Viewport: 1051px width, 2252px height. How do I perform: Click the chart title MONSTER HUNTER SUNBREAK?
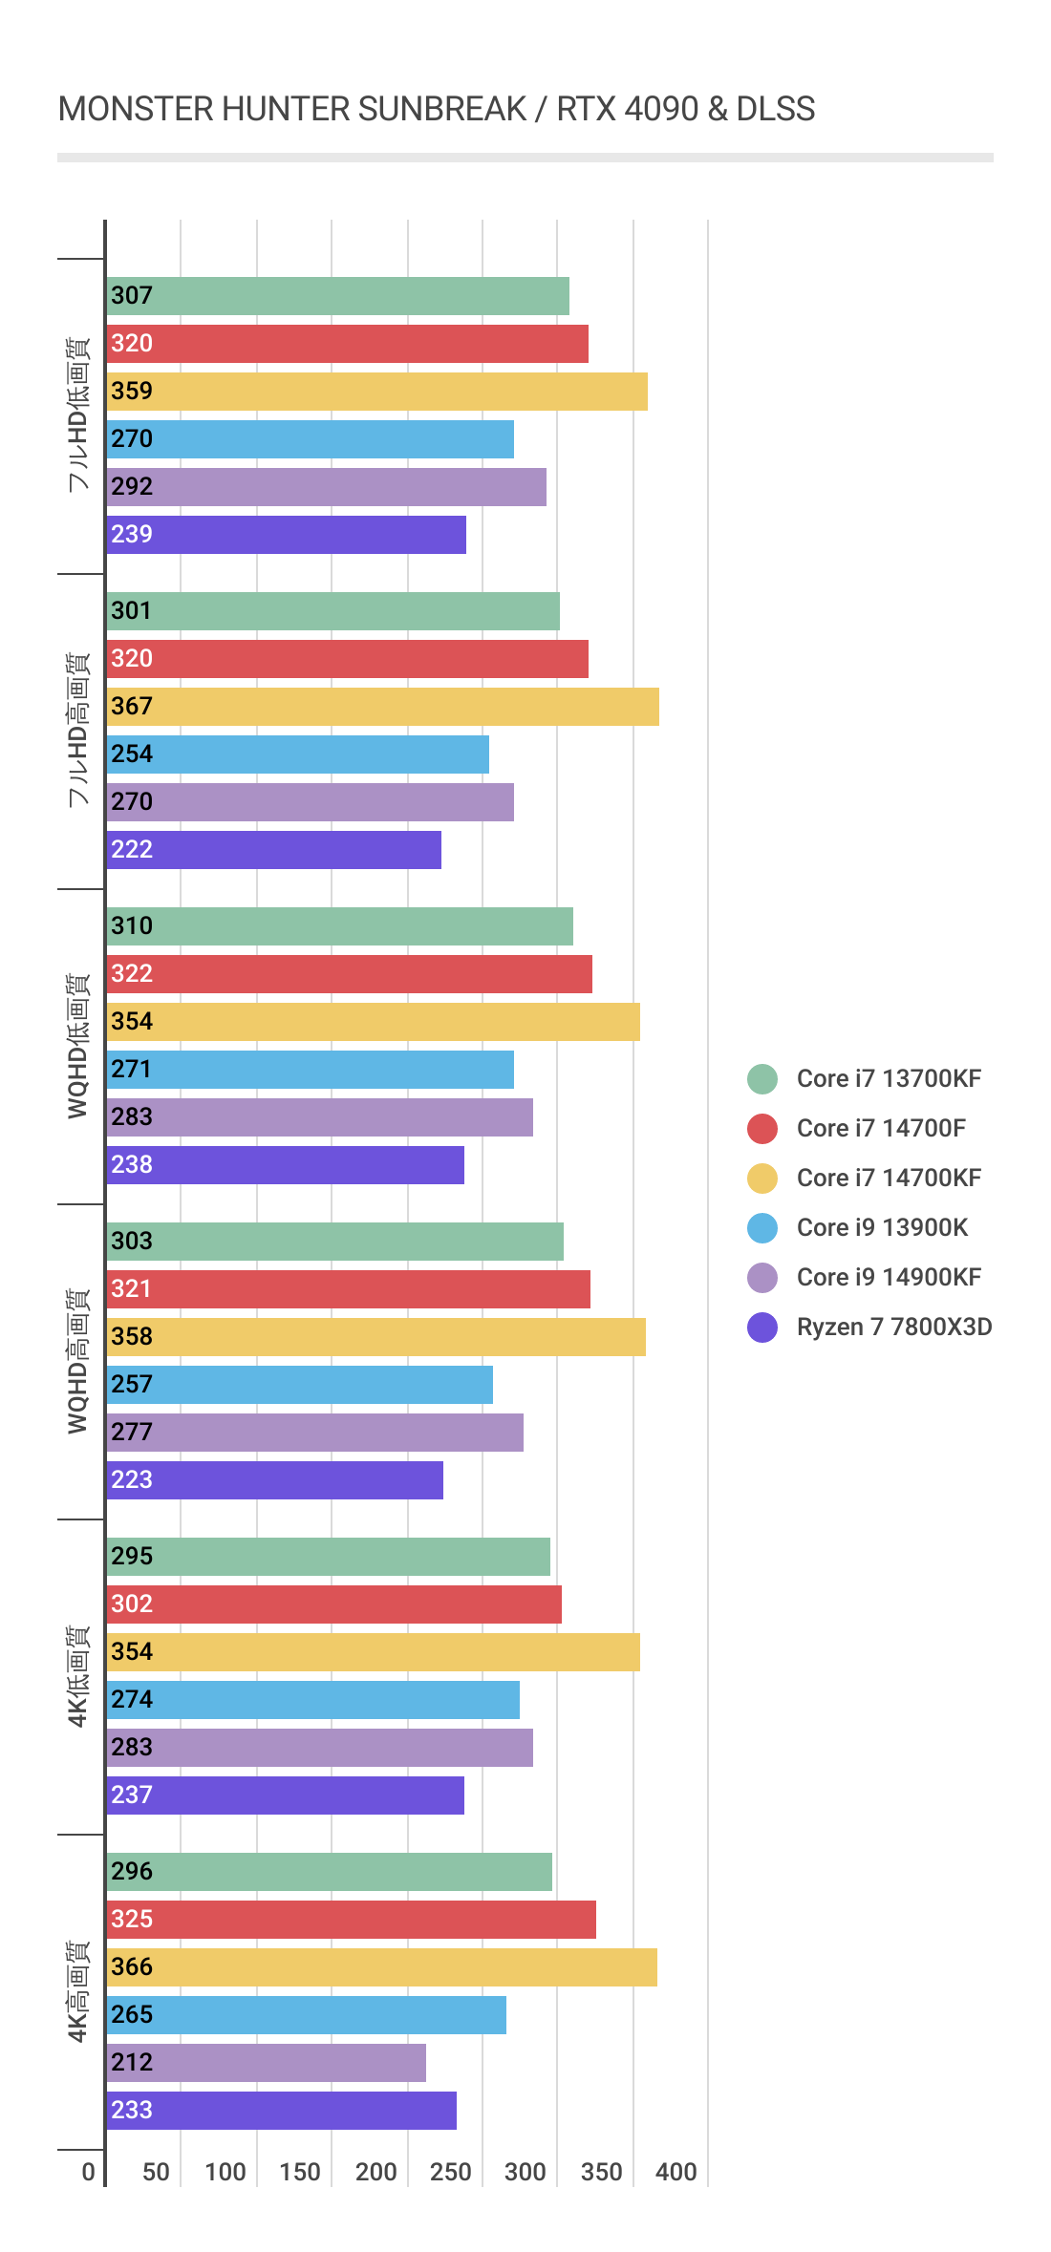436,109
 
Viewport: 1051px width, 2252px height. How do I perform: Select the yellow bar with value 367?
382,707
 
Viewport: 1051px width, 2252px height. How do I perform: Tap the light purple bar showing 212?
266,2063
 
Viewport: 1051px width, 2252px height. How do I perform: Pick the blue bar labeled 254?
297,754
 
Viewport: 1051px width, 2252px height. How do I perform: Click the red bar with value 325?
351,1920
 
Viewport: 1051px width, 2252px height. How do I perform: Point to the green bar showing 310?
339,926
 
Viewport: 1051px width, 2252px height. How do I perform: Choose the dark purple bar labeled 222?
273,850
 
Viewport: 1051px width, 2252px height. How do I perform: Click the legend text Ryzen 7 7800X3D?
893,1327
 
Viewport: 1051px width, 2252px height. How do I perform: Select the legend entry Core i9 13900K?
881,1227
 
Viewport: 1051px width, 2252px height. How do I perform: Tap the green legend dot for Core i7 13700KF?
762,1079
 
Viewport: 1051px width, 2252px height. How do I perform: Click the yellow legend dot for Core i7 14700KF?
762,1179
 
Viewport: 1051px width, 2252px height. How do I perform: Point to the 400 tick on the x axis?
676,2172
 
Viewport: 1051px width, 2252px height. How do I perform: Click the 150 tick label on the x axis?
300,2172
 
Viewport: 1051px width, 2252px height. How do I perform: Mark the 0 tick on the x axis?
88,2172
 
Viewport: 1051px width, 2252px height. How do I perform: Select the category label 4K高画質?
78,1991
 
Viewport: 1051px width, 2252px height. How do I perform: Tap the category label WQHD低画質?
78,1046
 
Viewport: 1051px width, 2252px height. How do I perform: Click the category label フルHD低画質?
78,414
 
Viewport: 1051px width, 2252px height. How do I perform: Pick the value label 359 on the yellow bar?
132,392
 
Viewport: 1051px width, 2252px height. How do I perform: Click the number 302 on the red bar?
132,1604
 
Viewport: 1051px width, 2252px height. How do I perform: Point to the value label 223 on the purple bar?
132,1480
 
